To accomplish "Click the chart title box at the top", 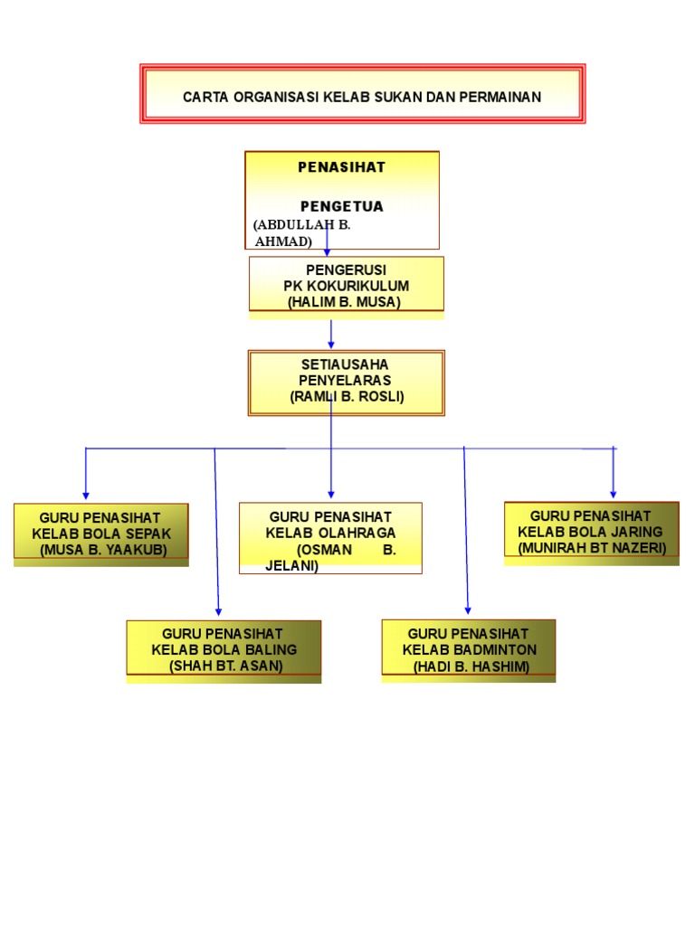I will [362, 94].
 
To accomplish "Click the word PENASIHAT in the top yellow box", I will [342, 167].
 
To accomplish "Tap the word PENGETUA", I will [342, 206].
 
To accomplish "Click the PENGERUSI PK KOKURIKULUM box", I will [346, 284].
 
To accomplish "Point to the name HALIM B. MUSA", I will [344, 302].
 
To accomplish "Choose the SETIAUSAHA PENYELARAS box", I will [346, 383].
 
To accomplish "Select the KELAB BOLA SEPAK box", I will [100, 534].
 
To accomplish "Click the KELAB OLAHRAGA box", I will [330, 537].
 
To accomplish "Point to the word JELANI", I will [291, 566].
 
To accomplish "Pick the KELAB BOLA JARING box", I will [592, 532].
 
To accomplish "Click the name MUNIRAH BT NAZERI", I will [592, 548].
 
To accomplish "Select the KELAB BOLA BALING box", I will [224, 648].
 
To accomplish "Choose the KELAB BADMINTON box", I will [469, 648].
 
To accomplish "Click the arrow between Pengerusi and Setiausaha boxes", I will [331, 334].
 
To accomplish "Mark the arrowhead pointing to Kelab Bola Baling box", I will [218, 612].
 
